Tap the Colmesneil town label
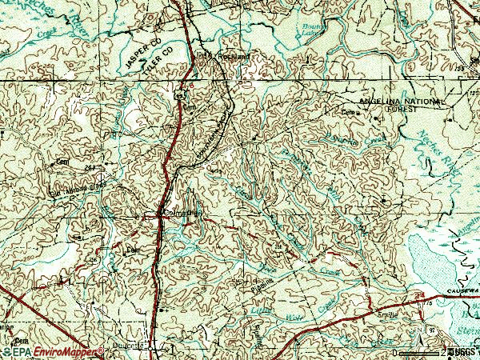click(179, 214)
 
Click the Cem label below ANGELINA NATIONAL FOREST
click(349, 114)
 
